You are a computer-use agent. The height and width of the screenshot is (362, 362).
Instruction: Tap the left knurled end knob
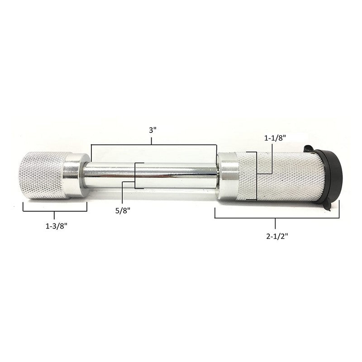point(41,174)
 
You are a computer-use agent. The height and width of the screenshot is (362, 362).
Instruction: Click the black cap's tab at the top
point(309,149)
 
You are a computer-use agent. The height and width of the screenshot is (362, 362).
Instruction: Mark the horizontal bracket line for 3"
point(154,145)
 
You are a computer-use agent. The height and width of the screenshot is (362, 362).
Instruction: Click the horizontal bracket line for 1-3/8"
point(55,211)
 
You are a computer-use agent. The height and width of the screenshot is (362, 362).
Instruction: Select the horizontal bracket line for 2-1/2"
point(276,218)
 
